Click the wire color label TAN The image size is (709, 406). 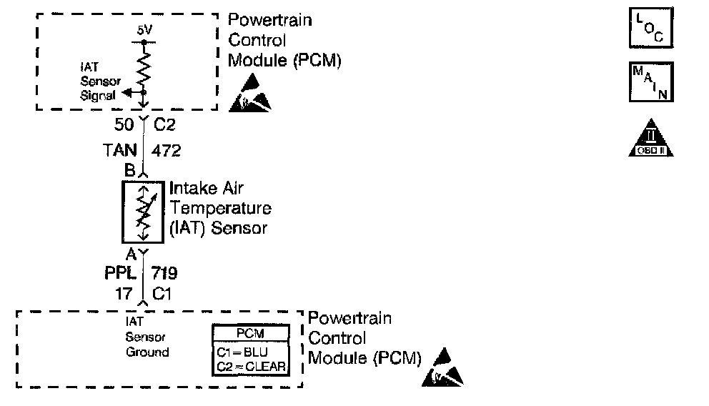pos(121,150)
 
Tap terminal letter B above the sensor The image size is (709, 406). pos(129,172)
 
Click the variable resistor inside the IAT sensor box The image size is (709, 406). pos(144,212)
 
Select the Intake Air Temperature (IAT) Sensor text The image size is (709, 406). pos(220,209)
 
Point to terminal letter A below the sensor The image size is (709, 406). pos(131,253)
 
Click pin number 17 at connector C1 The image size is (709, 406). pos(125,292)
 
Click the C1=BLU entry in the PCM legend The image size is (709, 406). pos(251,353)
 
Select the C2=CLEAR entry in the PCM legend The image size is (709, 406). pos(251,367)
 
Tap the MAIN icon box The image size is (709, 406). pos(650,81)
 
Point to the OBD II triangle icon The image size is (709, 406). pos(650,137)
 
